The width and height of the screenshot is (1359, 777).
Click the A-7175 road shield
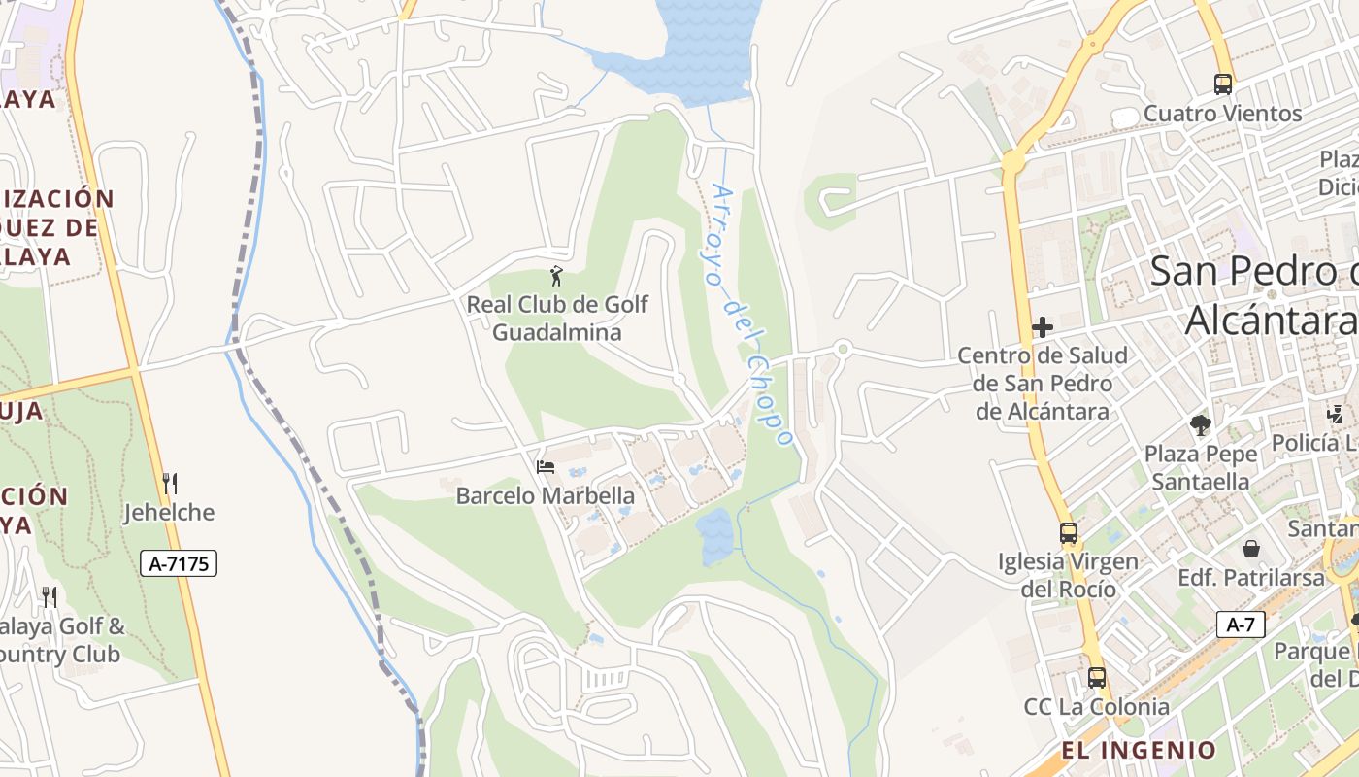click(179, 563)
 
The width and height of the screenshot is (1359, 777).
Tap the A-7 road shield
click(1241, 625)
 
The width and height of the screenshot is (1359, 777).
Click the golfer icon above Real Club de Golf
click(556, 276)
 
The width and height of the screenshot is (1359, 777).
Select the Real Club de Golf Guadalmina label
click(557, 319)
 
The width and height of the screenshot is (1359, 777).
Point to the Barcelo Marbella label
click(546, 495)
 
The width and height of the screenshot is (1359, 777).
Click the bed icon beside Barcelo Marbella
click(546, 467)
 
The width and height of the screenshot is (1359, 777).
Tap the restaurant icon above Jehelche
click(170, 483)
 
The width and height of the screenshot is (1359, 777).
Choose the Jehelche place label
click(169, 512)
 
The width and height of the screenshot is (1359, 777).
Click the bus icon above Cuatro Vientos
click(1223, 84)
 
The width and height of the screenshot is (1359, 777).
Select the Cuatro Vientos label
click(1222, 114)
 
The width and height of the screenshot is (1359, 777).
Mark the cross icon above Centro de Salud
click(1043, 327)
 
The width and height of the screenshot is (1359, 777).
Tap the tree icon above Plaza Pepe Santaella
click(1201, 424)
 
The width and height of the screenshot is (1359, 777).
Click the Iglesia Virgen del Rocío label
click(1068, 575)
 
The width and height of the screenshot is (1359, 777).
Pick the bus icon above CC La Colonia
click(1097, 678)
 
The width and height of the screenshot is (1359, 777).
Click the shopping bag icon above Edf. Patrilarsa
click(1251, 549)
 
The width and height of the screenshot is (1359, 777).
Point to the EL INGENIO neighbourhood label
click(1138, 750)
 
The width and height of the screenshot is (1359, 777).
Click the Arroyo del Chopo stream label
click(752, 316)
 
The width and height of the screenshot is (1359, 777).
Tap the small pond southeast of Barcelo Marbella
click(715, 535)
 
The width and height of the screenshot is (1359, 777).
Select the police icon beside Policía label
click(1336, 415)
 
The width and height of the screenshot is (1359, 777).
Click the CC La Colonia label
click(1096, 706)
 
